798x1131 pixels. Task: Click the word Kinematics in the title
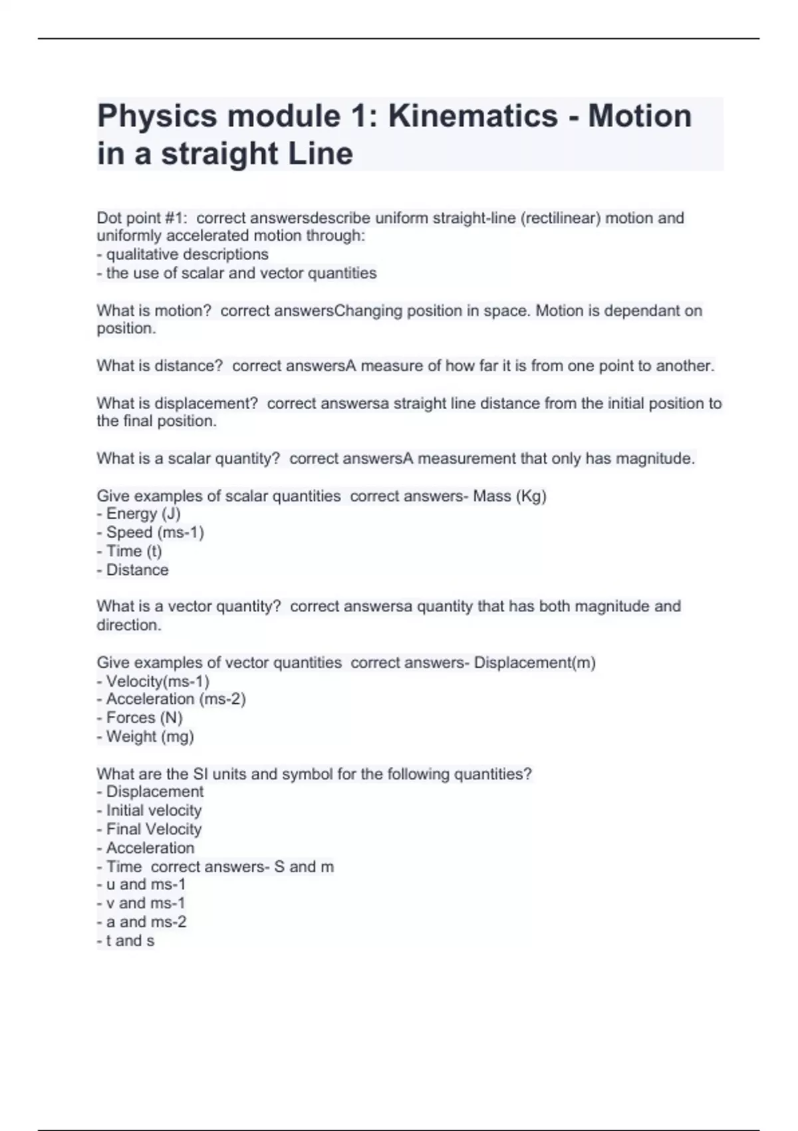coord(473,116)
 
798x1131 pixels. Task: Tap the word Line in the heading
coord(321,154)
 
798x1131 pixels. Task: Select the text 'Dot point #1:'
coord(138,218)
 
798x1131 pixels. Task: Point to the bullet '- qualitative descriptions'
coord(183,255)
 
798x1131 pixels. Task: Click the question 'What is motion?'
coord(154,311)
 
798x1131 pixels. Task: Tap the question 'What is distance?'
coord(160,366)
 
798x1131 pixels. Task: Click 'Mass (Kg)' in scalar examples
coord(509,496)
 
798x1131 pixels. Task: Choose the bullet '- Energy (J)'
coord(139,514)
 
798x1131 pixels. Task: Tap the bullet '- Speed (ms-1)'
coord(150,533)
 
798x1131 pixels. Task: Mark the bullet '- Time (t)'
coord(130,552)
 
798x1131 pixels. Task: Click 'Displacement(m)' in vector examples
coord(535,663)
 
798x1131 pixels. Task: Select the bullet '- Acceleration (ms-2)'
coord(172,699)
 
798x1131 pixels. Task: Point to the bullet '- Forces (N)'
coord(140,718)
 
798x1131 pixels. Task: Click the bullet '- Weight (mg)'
coord(146,737)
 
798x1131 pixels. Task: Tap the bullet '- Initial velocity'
coord(150,811)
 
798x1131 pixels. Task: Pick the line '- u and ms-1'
coord(142,885)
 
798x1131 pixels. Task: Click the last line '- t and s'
coord(126,941)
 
